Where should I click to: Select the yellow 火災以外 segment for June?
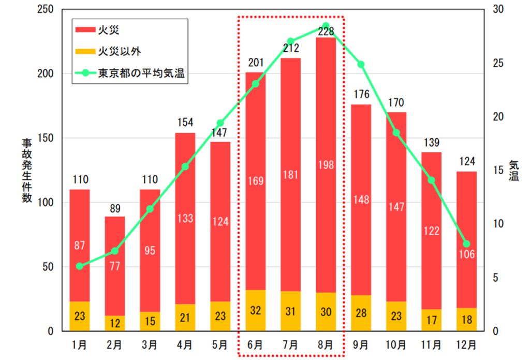(x=255, y=310)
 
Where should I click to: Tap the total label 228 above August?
(x=326, y=32)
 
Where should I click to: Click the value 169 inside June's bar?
(x=255, y=181)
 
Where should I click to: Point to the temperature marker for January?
(x=80, y=266)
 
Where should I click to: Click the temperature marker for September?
(x=361, y=65)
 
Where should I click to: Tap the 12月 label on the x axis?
(x=466, y=344)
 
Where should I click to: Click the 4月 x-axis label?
(x=185, y=344)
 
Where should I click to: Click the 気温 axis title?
(x=513, y=170)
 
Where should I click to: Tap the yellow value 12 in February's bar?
(x=115, y=323)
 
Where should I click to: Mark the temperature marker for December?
(x=466, y=244)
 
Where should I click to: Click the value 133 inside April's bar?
(x=185, y=218)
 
